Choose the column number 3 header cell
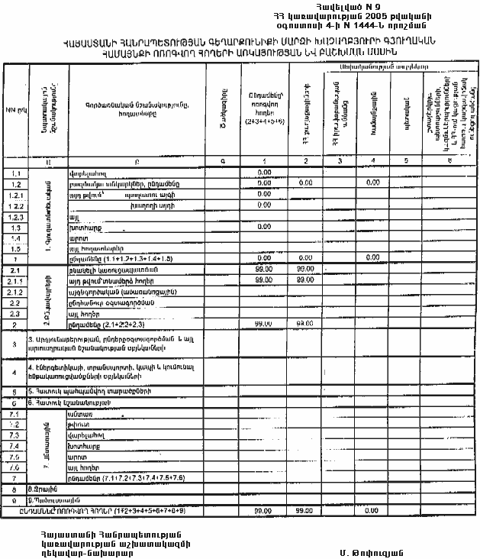pos(340,163)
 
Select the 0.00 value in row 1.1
pos(265,173)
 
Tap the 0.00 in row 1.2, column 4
pos(373,183)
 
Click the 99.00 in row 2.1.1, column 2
pos(305,281)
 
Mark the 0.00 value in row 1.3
pos(265,227)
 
